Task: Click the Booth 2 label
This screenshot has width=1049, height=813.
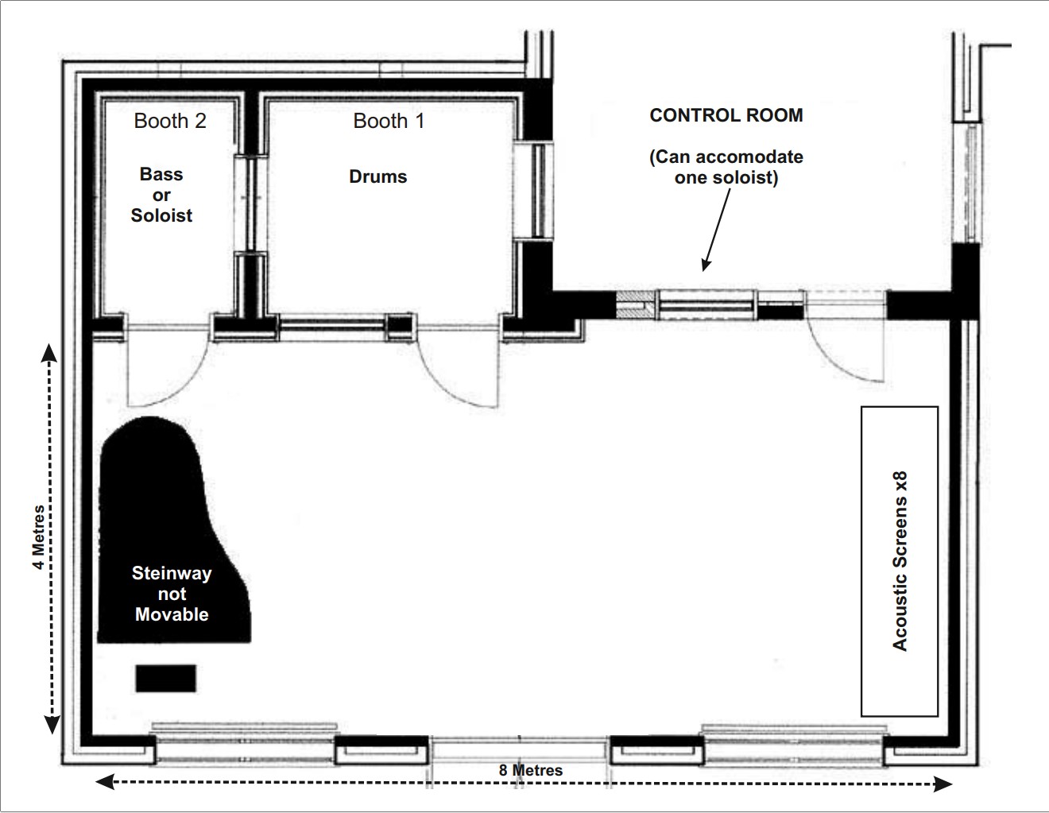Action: pyautogui.click(x=170, y=121)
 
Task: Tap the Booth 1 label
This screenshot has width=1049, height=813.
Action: pyautogui.click(x=389, y=121)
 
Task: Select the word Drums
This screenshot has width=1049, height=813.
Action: pyautogui.click(x=378, y=176)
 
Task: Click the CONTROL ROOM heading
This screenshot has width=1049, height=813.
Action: pyautogui.click(x=726, y=115)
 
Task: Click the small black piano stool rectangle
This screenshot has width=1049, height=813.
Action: pyautogui.click(x=165, y=678)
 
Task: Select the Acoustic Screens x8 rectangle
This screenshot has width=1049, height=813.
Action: pyautogui.click(x=900, y=561)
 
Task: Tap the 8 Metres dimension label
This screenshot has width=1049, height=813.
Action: pyautogui.click(x=531, y=770)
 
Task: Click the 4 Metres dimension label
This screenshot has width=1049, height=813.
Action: pyautogui.click(x=37, y=537)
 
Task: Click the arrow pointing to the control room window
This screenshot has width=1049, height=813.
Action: pyautogui.click(x=715, y=230)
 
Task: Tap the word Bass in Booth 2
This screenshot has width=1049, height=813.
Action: pyautogui.click(x=161, y=174)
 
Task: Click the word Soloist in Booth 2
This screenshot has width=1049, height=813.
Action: pyautogui.click(x=161, y=215)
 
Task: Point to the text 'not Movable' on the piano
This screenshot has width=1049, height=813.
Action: pyautogui.click(x=172, y=604)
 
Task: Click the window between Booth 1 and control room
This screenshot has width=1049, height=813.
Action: pyautogui.click(x=532, y=191)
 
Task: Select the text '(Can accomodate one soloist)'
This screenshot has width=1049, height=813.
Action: pyautogui.click(x=726, y=167)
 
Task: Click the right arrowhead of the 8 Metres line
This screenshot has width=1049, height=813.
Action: pyautogui.click(x=944, y=784)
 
